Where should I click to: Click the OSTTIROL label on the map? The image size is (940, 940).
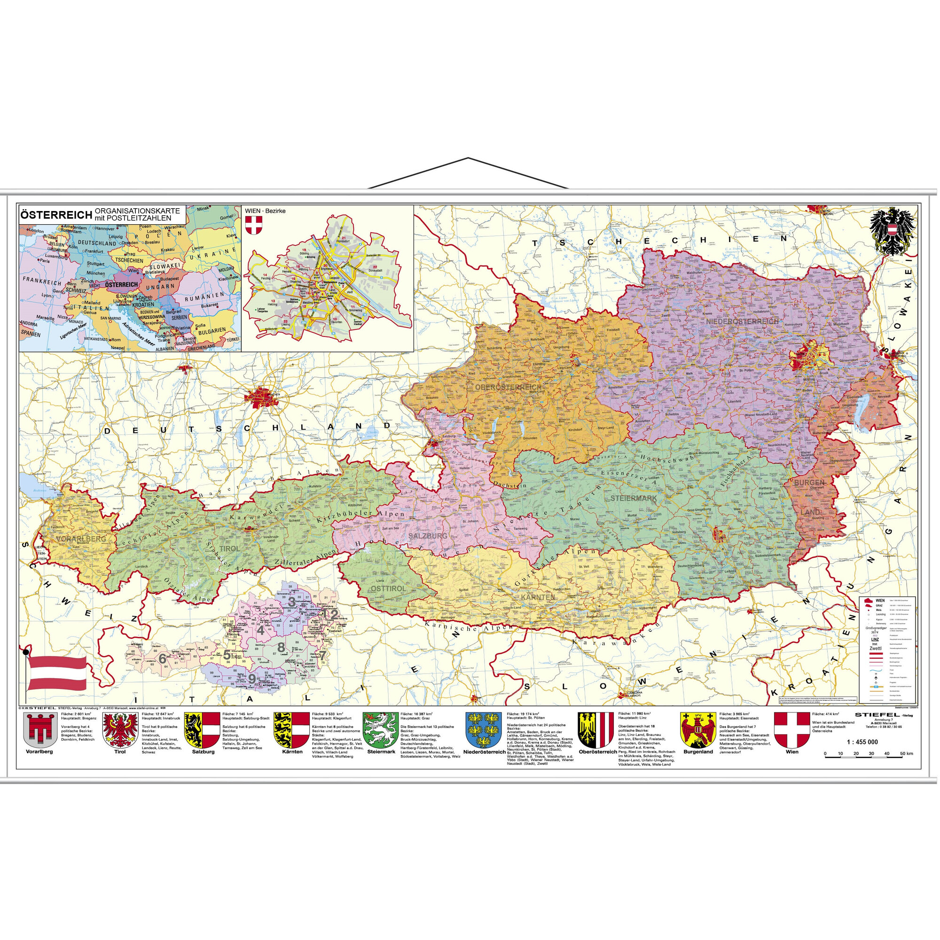pos(388,589)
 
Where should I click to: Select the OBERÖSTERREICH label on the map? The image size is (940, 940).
pos(509,387)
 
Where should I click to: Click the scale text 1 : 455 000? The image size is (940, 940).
pos(862,743)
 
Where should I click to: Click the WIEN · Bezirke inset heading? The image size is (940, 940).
pos(265,211)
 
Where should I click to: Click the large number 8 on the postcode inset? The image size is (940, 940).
pos(281,648)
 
